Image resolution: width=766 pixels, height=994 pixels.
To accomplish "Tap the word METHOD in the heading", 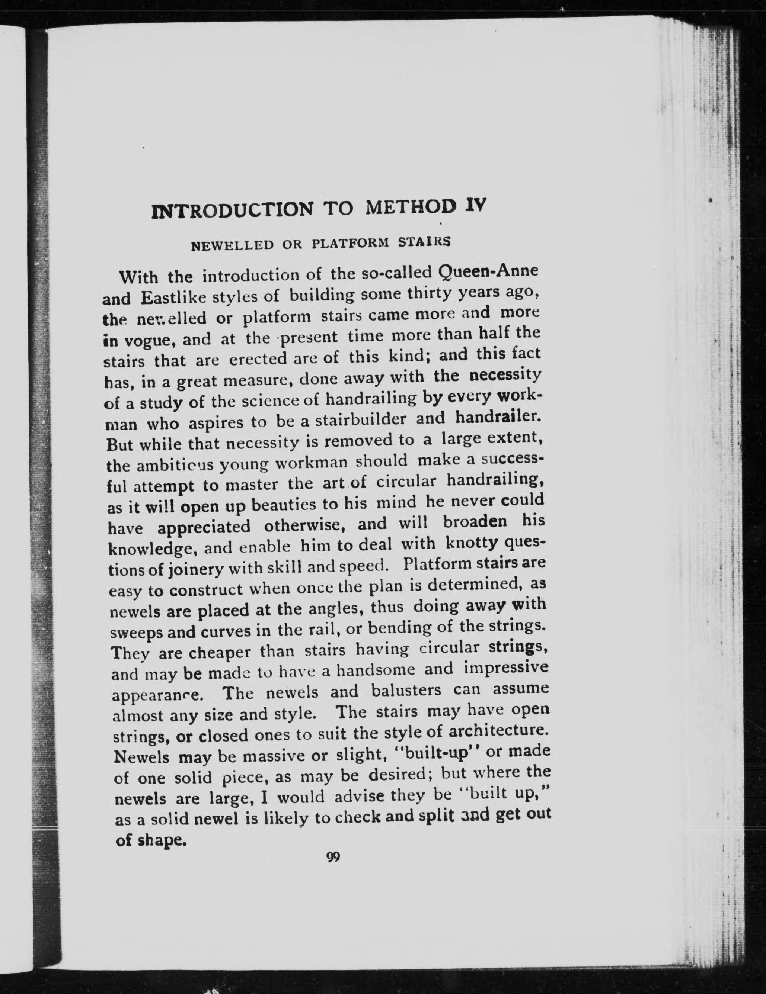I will point(411,207).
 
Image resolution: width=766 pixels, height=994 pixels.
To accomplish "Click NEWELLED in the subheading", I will point(233,245).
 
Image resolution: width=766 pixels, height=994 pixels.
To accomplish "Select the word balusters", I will point(406,691).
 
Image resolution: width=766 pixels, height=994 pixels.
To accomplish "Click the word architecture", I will point(497,730).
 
